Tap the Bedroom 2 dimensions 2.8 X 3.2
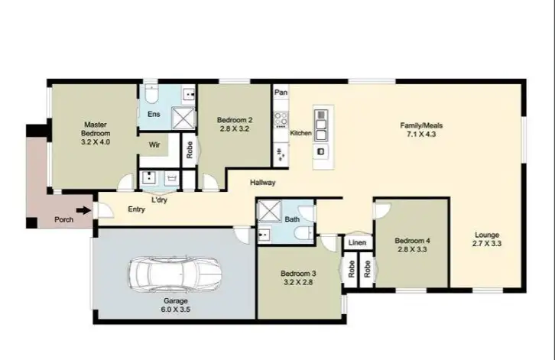(235, 130)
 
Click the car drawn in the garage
(175, 273)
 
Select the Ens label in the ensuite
(153, 115)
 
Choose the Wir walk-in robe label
(153, 143)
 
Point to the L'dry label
(159, 199)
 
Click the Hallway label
(262, 183)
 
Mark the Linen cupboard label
(357, 244)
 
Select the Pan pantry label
(281, 92)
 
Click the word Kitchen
(300, 134)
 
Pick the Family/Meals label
(421, 125)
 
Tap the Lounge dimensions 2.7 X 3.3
(486, 244)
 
